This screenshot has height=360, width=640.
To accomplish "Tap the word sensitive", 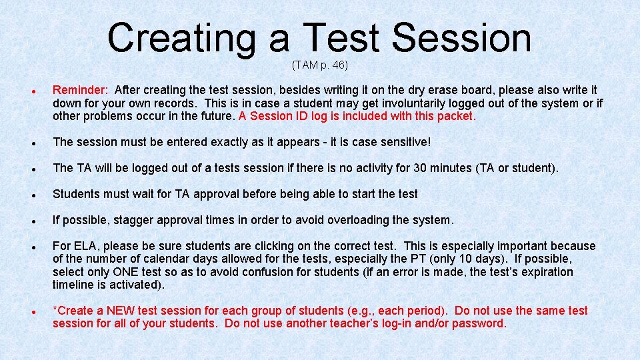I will pos(402,142).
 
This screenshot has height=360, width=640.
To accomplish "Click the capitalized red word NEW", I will pos(121,311).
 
